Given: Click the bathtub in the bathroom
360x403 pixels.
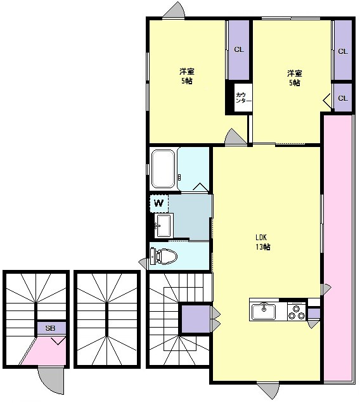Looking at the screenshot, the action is point(163,169).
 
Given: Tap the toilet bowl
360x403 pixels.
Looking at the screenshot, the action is point(164,256).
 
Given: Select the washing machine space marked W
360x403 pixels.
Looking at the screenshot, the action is point(159,203).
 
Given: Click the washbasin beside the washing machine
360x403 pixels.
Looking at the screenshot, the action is point(164,226).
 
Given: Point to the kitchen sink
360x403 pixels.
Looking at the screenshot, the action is point(264,312).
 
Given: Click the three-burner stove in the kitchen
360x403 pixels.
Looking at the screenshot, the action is point(297,312).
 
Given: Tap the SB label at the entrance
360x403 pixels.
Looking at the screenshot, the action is point(51,328).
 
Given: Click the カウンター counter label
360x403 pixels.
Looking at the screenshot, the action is point(243,98).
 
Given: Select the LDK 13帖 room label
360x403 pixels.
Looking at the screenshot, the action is point(262,242).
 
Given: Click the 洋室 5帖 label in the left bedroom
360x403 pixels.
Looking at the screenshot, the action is point(187,76).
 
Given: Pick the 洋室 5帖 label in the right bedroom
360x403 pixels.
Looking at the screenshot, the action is point(295,78).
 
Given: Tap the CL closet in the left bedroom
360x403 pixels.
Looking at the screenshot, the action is point(239,50).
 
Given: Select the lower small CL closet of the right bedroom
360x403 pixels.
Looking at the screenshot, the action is point(343,98).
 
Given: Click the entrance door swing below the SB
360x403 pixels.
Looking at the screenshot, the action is point(51,380).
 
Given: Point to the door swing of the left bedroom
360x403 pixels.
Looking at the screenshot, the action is point(235,136).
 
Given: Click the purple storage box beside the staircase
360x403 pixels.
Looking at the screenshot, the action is point(196,319).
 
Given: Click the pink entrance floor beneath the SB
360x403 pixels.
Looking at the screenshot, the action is point(45,351).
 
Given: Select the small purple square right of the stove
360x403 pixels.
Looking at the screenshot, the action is point(314,314).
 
